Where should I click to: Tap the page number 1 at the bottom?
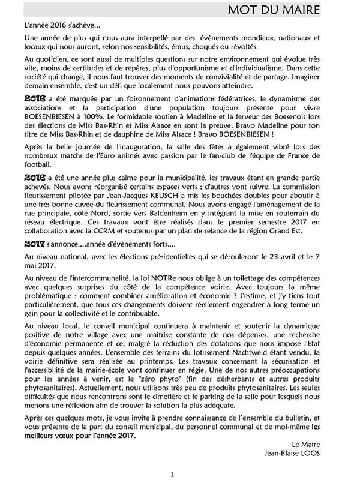pyautogui.click(x=172, y=473)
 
